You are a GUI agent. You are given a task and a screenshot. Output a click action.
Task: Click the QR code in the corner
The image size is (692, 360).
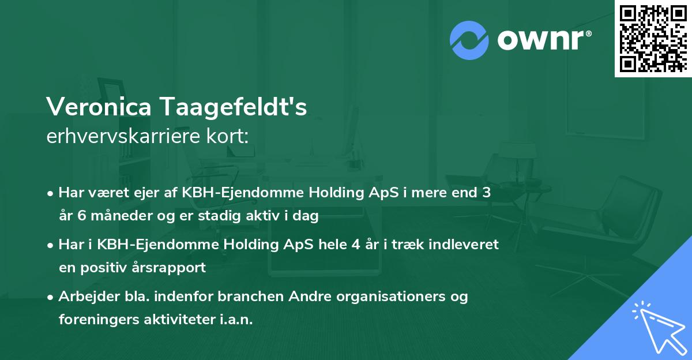point(653,38)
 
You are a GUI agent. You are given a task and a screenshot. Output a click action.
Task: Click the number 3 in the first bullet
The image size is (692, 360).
point(487,193)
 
